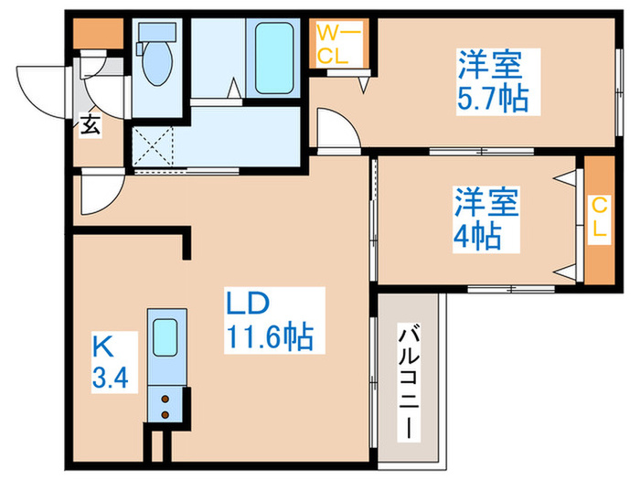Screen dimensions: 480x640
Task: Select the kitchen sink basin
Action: pos(165,336)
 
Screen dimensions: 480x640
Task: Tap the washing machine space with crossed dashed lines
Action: pos(152,146)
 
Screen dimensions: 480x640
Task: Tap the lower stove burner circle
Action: pos(165,414)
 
